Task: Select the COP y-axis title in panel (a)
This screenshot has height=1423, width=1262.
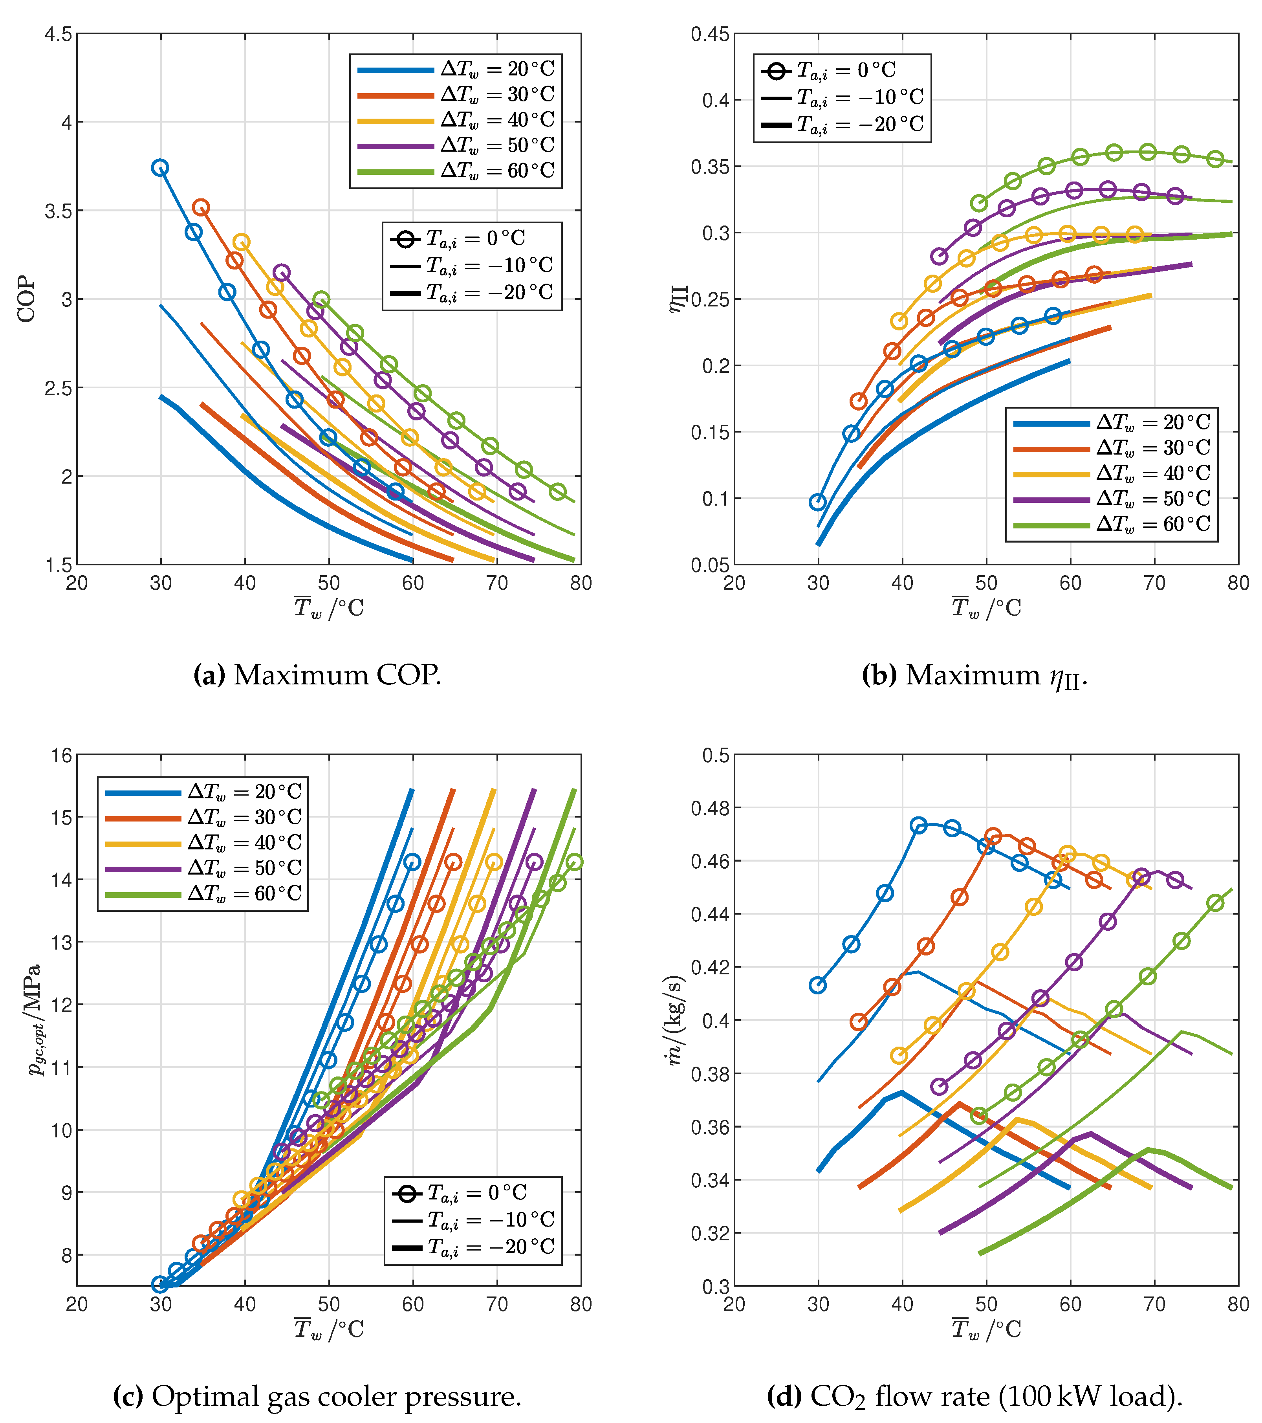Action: click(x=26, y=299)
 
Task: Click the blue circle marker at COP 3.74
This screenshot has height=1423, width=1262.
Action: click(x=160, y=168)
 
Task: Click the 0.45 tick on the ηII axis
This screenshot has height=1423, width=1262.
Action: click(x=710, y=34)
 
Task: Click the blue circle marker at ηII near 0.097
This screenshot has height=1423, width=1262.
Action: click(x=818, y=502)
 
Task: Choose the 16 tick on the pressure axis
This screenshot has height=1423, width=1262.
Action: click(x=62, y=756)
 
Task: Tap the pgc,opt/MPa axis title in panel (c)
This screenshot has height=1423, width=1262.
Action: click(x=35, y=1020)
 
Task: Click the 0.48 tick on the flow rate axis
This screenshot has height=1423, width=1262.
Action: click(x=710, y=808)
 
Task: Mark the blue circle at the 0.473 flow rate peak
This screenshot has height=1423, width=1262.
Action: click(x=919, y=826)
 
